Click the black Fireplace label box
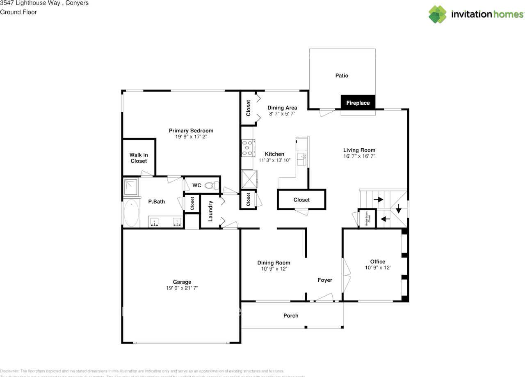pos(358,103)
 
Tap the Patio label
pos(342,76)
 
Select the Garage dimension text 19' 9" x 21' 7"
pos(182,288)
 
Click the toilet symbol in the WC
pos(210,186)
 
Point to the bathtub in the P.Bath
pos(131,213)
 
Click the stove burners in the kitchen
pos(248,148)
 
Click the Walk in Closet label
pos(139,158)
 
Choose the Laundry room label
pos(210,211)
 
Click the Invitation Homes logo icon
pos(438,14)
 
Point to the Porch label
pos(291,316)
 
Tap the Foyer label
pos(325,280)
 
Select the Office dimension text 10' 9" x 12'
pos(377,268)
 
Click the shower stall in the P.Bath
pos(132,187)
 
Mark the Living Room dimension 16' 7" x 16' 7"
pos(359,156)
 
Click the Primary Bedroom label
pos(191,131)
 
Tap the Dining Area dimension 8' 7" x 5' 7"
pos(282,114)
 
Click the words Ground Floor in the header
pos(18,12)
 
